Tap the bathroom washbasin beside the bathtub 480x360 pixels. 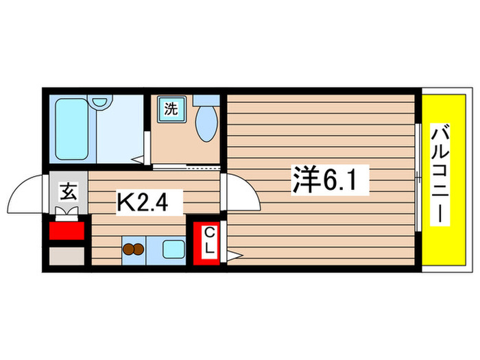(101, 102)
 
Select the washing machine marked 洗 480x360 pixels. (169, 108)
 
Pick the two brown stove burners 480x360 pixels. (134, 250)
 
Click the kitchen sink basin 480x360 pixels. (172, 250)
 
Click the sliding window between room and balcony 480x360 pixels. (418, 178)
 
